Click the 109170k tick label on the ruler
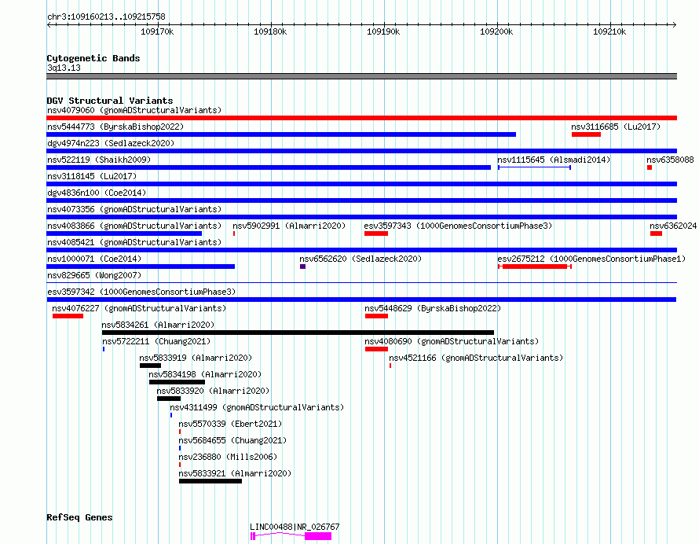click(157, 31)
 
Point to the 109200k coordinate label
click(496, 31)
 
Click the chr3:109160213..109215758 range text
click(106, 17)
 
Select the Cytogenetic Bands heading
click(93, 58)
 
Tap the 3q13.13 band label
click(64, 68)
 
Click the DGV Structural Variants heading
click(110, 101)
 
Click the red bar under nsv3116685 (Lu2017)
click(586, 134)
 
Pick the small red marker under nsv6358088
click(650, 167)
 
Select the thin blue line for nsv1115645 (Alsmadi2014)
click(535, 167)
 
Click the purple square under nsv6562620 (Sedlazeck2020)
click(302, 266)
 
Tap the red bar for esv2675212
click(535, 266)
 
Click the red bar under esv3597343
click(375, 233)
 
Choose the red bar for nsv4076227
click(68, 316)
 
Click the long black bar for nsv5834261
click(298, 333)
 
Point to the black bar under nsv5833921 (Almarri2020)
click(210, 481)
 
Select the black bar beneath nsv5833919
click(150, 366)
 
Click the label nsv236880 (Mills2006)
click(228, 457)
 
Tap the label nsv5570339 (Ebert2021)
click(230, 424)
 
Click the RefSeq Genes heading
click(79, 517)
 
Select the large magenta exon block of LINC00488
click(318, 536)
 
